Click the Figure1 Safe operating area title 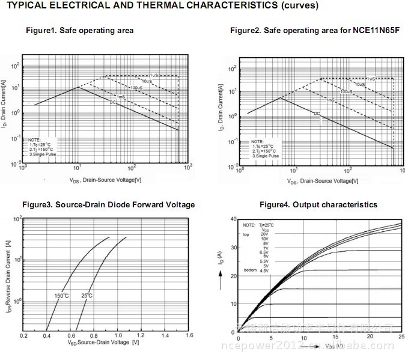[79, 30]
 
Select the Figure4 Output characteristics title [318, 205]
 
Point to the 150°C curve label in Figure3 [62, 296]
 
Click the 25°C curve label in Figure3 [87, 296]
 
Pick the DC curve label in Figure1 [112, 102]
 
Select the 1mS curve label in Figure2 [330, 100]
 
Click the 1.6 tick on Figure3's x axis [189, 335]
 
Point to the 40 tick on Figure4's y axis [233, 219]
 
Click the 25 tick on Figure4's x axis [401, 340]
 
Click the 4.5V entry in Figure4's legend [264, 271]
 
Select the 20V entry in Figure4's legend [264, 234]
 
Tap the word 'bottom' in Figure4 [249, 271]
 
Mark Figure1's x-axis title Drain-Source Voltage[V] [105, 180]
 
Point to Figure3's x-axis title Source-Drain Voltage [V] [103, 343]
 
